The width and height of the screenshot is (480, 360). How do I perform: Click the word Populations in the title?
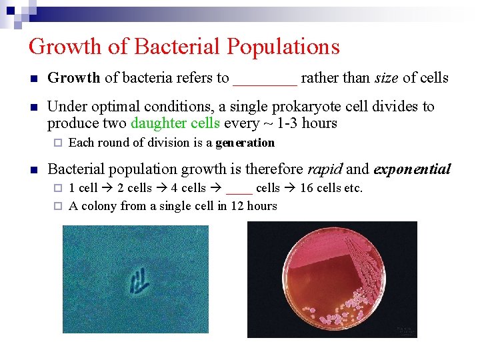coord(283,47)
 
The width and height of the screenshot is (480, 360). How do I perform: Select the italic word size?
coord(386,78)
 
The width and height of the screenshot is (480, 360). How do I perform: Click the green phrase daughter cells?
coord(175,123)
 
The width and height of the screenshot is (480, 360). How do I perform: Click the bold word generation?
coord(245,143)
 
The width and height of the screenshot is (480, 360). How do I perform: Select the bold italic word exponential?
coord(413,169)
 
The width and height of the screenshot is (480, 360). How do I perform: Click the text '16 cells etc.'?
coord(331,188)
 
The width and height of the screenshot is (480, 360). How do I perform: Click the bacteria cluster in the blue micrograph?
coord(138,281)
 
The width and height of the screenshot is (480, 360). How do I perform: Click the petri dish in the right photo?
coord(332,279)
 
